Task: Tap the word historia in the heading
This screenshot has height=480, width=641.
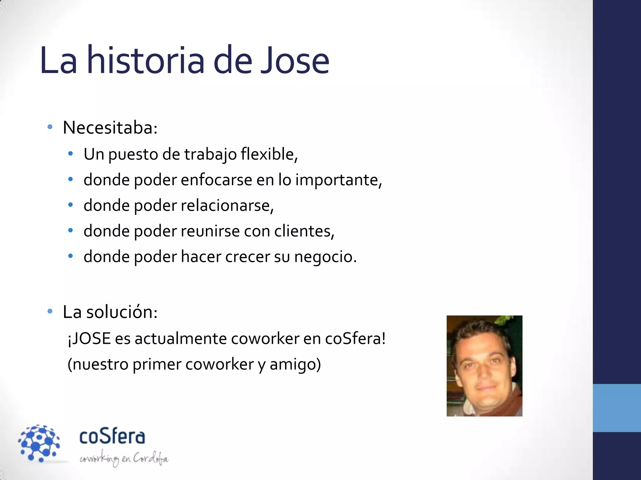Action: (146, 60)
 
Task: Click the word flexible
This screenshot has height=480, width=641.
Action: (268, 154)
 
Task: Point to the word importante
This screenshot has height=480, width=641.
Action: (338, 180)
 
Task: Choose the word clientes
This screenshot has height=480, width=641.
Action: (304, 231)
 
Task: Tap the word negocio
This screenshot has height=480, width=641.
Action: (325, 257)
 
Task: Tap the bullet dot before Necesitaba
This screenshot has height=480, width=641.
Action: (50, 127)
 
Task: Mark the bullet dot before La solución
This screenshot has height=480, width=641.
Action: (50, 311)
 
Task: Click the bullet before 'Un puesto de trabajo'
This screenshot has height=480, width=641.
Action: (71, 154)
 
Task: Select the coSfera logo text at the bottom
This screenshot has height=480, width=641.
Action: (112, 436)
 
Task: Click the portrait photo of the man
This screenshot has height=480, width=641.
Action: (484, 366)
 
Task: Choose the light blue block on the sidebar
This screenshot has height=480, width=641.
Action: (617, 408)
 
